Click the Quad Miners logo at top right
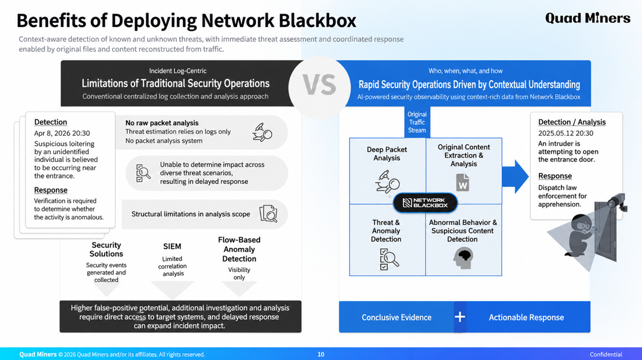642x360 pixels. tap(588, 18)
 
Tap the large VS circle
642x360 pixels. tap(320, 87)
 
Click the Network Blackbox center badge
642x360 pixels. tap(425, 203)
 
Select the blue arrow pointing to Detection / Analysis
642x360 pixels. tap(515, 177)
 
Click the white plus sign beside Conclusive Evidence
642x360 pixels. tap(460, 316)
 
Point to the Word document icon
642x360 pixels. tap(463, 183)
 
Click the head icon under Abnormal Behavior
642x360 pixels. tap(463, 259)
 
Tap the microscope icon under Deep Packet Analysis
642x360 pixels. tap(387, 182)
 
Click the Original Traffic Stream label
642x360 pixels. tap(417, 122)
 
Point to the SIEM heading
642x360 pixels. tap(172, 246)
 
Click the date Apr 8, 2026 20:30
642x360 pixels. tap(62, 133)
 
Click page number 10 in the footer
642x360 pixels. tap(321, 354)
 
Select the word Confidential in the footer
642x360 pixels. tap(606, 354)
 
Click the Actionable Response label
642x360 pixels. tap(526, 318)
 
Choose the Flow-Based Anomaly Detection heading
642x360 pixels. tap(239, 249)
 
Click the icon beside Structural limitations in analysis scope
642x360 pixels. tap(268, 214)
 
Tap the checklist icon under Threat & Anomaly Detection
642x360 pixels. tap(389, 259)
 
